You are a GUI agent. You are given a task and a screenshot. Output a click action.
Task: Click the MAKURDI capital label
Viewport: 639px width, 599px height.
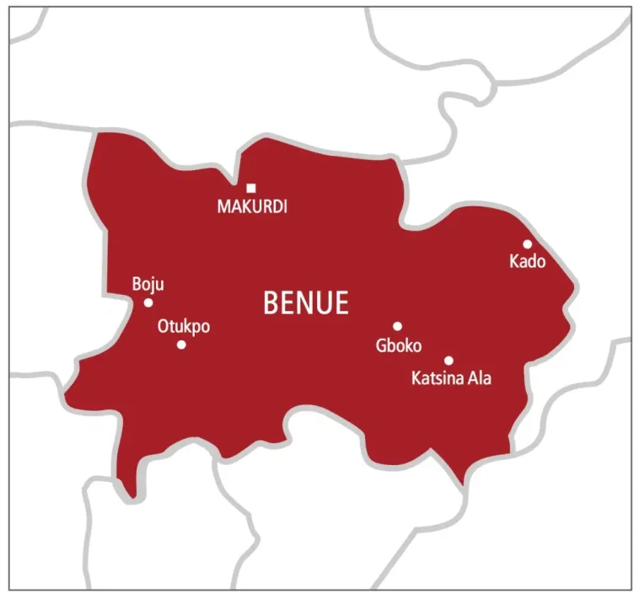pos(252,206)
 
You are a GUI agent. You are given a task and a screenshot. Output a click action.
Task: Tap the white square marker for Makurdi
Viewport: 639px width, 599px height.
pos(251,188)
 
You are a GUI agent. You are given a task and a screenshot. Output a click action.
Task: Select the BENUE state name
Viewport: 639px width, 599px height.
pos(306,302)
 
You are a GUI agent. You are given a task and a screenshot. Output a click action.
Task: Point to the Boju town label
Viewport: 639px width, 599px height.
pos(148,285)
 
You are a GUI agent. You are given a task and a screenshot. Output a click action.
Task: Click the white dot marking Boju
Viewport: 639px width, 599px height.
pos(148,302)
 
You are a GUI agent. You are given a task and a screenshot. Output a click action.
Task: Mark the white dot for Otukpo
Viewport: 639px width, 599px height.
pos(181,345)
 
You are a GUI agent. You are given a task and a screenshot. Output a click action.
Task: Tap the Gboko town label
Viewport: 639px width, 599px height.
pos(399,345)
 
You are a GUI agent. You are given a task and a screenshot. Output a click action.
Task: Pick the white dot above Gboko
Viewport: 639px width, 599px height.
pos(397,326)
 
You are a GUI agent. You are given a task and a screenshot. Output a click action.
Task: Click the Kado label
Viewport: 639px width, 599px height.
pos(528,262)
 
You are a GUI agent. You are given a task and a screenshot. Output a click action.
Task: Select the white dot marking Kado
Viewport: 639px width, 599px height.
pos(528,244)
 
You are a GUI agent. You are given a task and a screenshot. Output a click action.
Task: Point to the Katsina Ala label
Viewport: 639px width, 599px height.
pos(451,378)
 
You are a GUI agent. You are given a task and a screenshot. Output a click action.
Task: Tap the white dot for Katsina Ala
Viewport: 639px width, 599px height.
pos(448,361)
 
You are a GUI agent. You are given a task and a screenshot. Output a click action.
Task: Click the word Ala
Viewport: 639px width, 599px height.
pos(480,378)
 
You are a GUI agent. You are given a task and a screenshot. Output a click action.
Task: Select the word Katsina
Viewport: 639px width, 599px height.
pos(437,378)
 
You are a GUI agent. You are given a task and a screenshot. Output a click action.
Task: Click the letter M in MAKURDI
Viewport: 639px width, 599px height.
pos(223,206)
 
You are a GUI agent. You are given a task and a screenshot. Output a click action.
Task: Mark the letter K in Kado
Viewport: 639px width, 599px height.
pos(514,262)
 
